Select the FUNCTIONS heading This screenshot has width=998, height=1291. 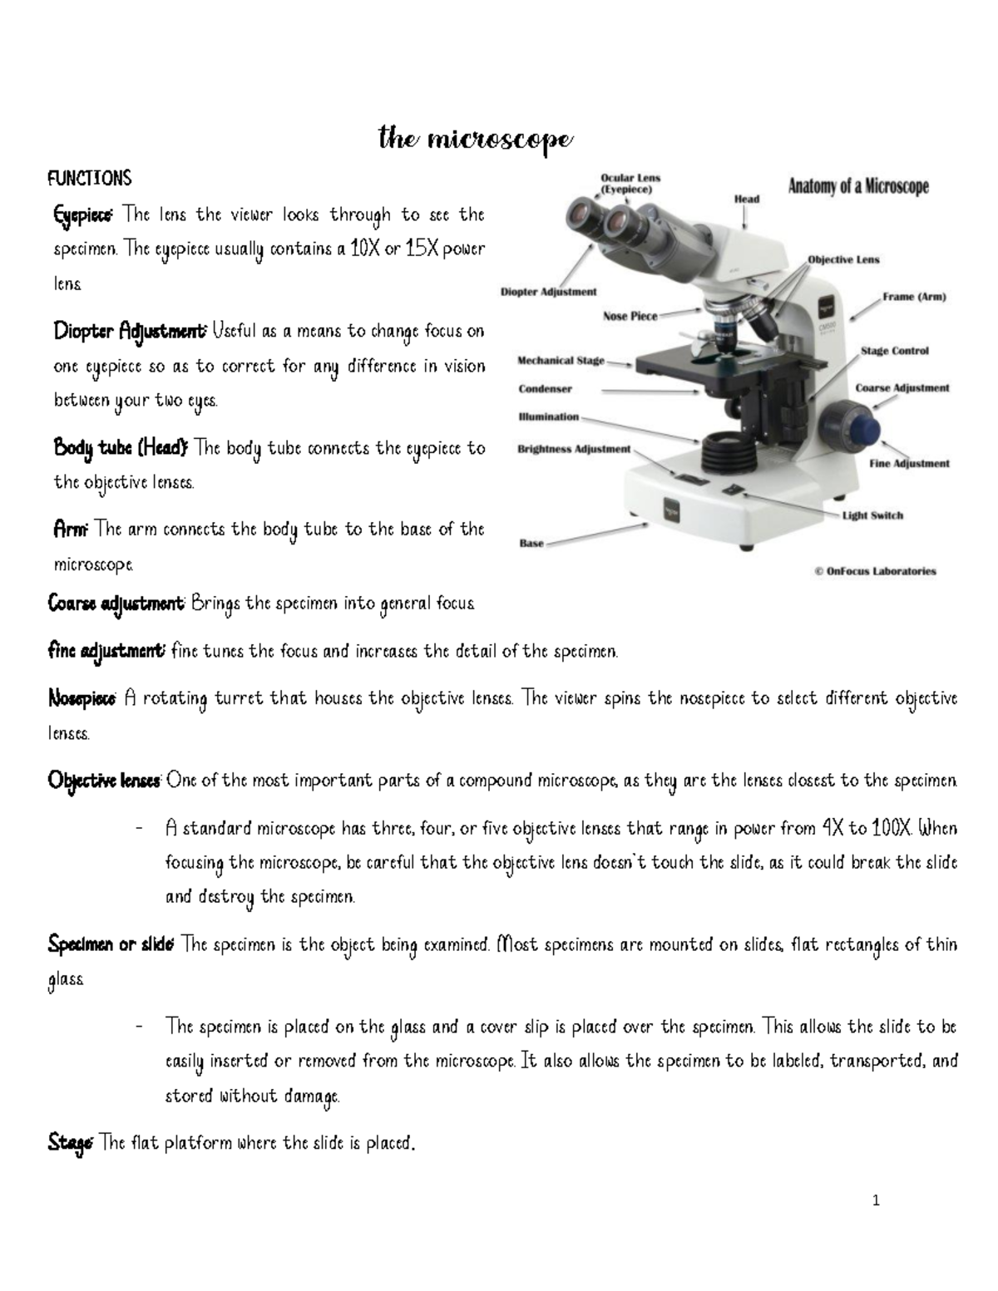[x=90, y=179]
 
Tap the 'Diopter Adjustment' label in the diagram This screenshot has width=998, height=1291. [x=548, y=292]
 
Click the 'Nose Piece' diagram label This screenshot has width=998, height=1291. [x=630, y=316]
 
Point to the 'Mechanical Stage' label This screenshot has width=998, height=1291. [x=561, y=361]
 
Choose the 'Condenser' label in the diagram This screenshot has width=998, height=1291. [x=545, y=388]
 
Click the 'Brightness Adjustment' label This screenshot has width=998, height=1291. [x=574, y=449]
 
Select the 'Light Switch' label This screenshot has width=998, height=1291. [x=872, y=515]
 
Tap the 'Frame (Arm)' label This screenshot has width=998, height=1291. [x=913, y=297]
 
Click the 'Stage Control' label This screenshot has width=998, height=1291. [x=894, y=351]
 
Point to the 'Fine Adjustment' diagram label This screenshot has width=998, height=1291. [x=909, y=464]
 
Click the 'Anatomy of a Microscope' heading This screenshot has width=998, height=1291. [x=857, y=187]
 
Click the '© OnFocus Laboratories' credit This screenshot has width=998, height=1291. [x=873, y=571]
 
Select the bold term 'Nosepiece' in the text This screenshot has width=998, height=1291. [x=82, y=698]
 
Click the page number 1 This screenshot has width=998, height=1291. [x=876, y=1200]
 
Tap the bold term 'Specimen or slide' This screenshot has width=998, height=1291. [x=111, y=944]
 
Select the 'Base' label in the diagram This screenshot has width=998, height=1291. [x=531, y=544]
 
